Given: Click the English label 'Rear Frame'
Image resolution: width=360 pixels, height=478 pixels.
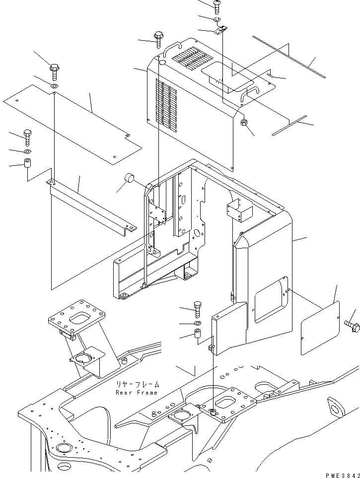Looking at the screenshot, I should point(136,393).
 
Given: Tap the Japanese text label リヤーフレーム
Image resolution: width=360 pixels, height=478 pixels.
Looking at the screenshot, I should point(138,384).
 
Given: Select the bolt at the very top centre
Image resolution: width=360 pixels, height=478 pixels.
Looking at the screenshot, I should point(217,5).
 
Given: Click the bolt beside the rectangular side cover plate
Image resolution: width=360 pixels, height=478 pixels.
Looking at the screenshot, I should point(352,326).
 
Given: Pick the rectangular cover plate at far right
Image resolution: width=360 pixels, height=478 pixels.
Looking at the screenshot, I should point(321,328).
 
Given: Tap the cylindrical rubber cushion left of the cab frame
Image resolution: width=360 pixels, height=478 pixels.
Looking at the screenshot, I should point(131,178).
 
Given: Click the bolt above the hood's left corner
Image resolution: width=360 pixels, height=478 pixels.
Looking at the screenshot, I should point(159,39).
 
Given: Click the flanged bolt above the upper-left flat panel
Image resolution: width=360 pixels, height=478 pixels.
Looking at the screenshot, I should point(55,71).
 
